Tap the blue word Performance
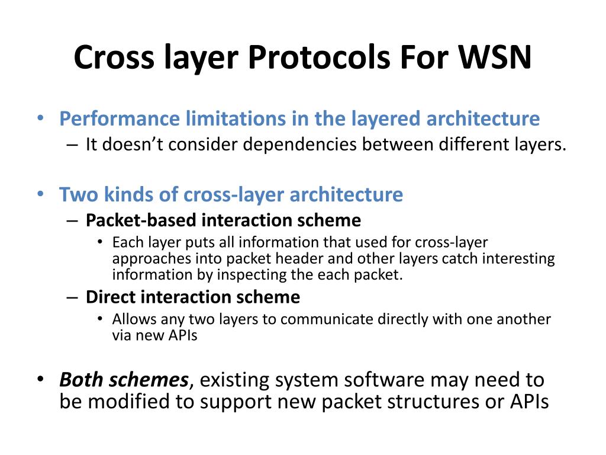[x=119, y=118]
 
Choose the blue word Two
[x=76, y=194]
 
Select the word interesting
[x=521, y=259]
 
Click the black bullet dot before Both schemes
[x=40, y=379]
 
